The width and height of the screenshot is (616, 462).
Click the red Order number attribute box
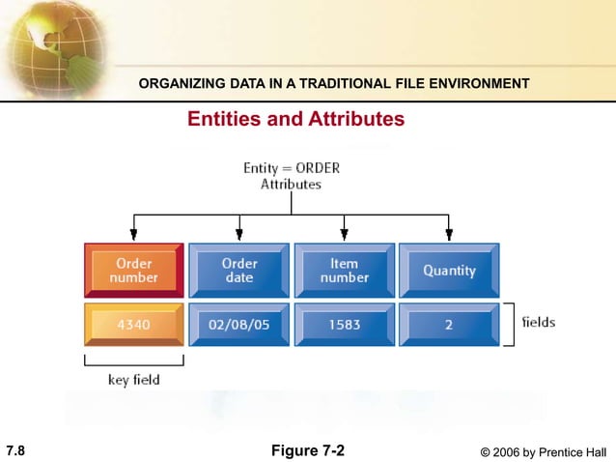point(134,270)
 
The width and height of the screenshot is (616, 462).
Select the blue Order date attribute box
point(239,270)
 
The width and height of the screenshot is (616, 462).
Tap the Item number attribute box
point(345,270)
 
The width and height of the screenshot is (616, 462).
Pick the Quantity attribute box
point(449,270)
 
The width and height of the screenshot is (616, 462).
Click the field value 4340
point(133,325)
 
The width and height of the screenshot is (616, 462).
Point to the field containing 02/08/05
point(239,325)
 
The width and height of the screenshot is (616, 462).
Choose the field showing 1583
point(345,325)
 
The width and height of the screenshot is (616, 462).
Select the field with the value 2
point(449,325)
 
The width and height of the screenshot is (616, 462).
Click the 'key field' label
point(133,380)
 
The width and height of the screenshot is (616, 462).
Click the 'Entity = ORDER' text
point(291,167)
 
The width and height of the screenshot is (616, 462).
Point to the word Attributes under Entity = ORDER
point(291,184)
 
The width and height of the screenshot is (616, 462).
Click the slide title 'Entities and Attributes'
point(295,119)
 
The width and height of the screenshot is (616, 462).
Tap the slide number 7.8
point(15,450)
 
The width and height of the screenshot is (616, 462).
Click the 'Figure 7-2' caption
point(308,450)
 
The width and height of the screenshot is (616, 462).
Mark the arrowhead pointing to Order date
point(239,233)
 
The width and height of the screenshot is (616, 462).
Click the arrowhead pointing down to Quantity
point(449,233)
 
